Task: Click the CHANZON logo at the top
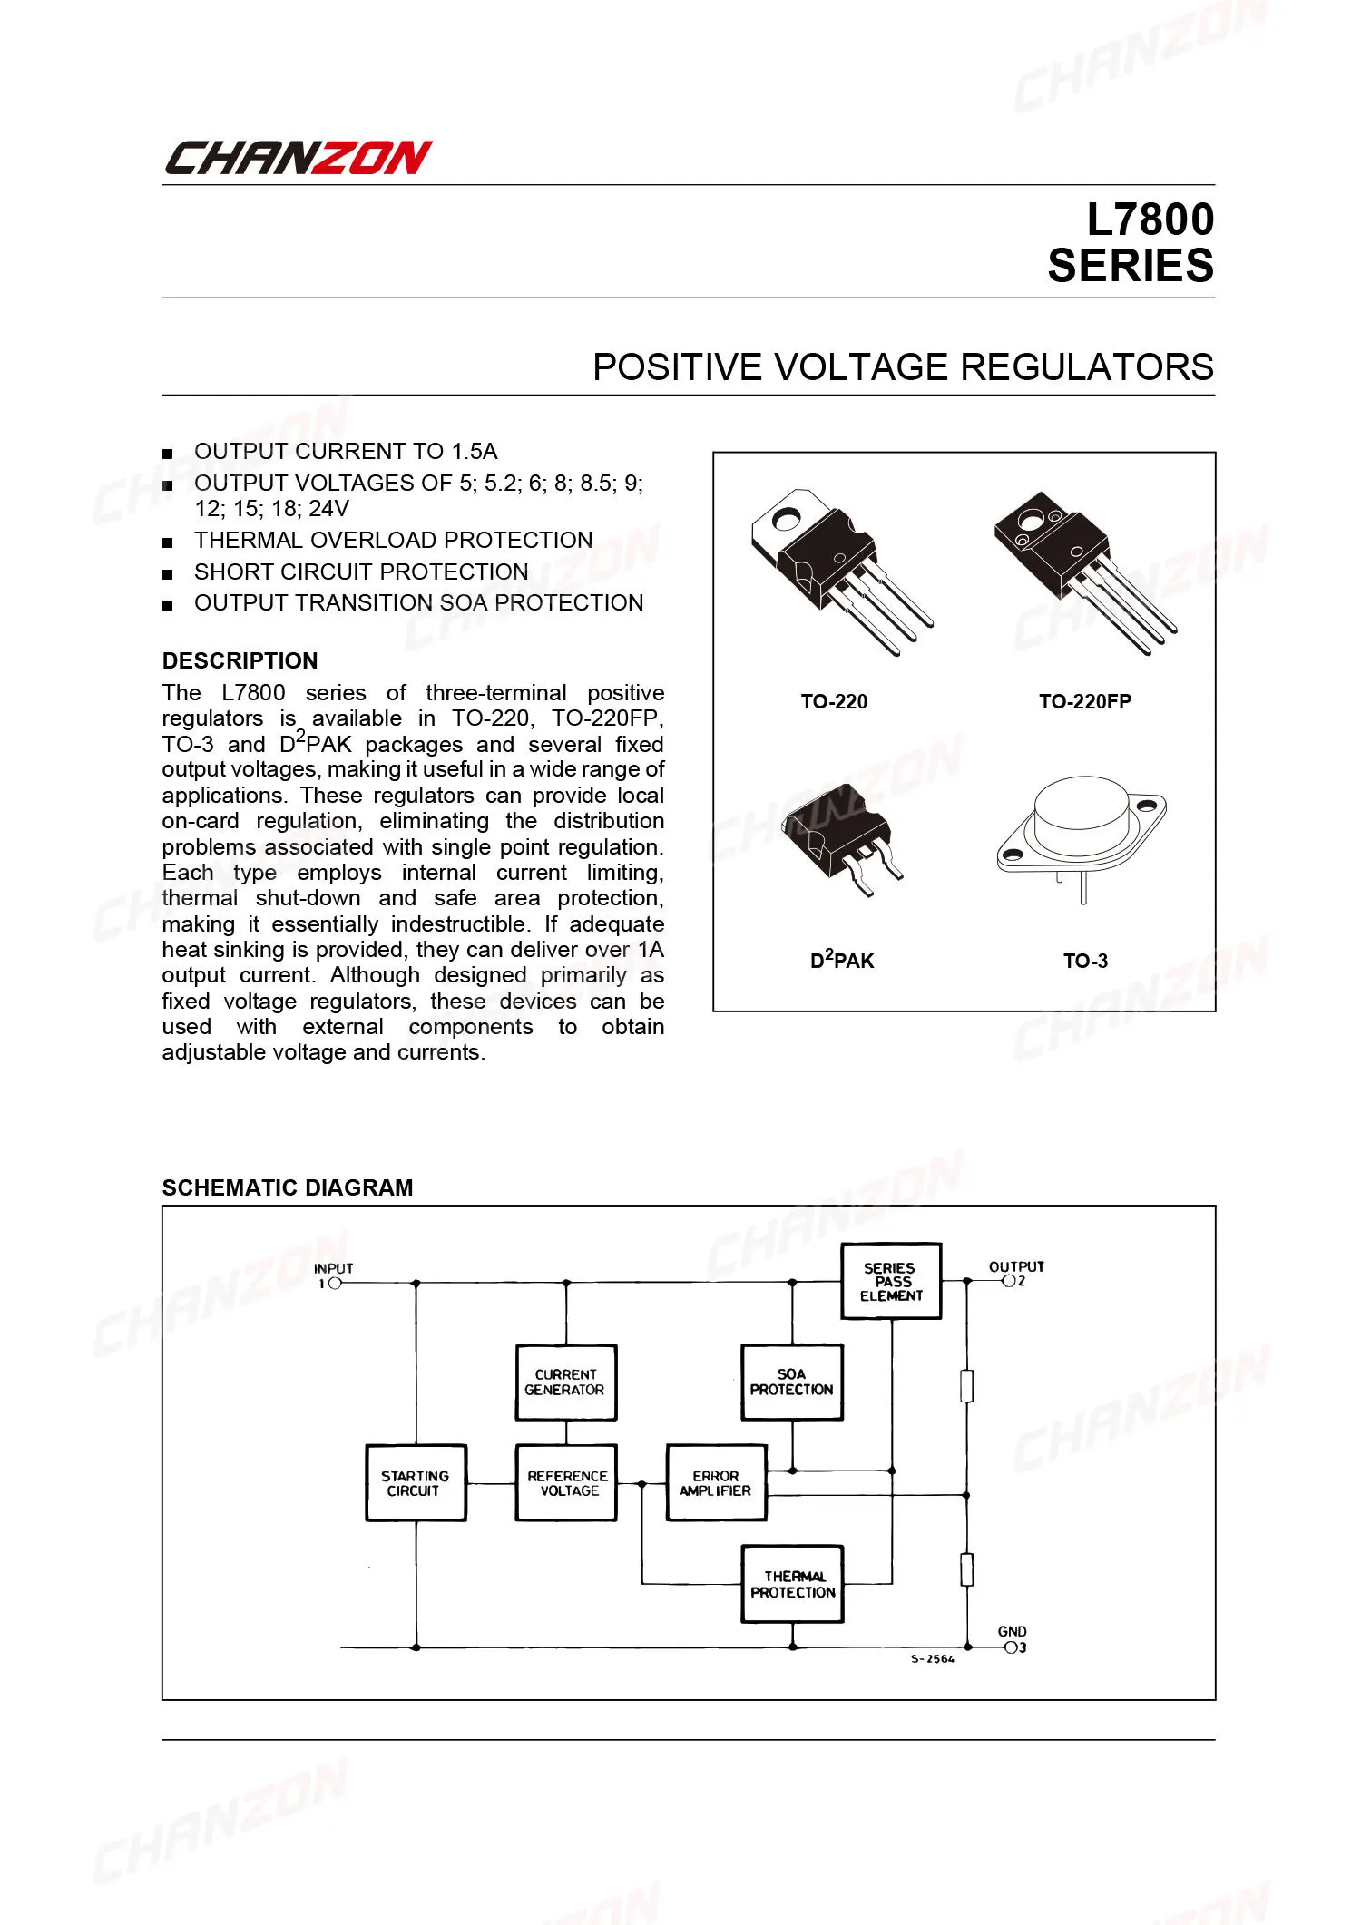[298, 158]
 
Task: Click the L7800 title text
[1150, 220]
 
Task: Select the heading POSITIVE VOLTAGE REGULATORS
[903, 367]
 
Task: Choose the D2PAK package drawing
[842, 839]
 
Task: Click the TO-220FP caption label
[1085, 701]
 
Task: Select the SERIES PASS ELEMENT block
[891, 1281]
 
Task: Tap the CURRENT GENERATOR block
[565, 1382]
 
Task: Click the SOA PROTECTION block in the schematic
[791, 1382]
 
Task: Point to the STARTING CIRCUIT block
[416, 1482]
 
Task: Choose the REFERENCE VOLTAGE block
[565, 1482]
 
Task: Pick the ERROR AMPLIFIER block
[716, 1482]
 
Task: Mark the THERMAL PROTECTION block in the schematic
[792, 1584]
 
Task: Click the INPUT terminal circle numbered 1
[335, 1284]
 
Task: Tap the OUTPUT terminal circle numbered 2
[1008, 1281]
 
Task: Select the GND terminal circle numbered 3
[1011, 1647]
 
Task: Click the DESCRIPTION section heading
[240, 660]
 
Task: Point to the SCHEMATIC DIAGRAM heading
[287, 1187]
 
